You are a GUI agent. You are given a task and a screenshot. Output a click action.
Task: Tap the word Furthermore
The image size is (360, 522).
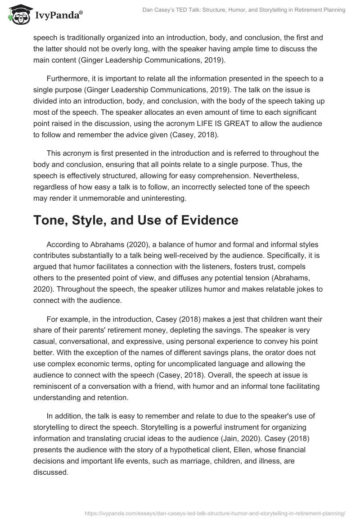click(x=68, y=78)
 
